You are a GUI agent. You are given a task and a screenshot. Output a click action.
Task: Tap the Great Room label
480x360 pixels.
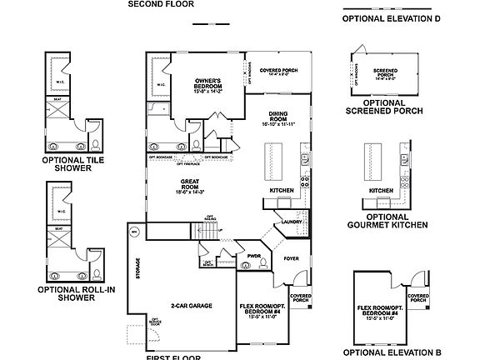(190, 187)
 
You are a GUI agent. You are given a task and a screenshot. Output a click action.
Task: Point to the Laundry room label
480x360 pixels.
(291, 222)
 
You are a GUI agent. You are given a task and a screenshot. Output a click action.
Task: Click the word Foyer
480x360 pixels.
(291, 258)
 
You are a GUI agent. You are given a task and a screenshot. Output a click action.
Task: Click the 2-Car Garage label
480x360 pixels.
(191, 306)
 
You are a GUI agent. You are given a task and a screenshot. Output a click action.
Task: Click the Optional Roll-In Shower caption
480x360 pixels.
(76, 293)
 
